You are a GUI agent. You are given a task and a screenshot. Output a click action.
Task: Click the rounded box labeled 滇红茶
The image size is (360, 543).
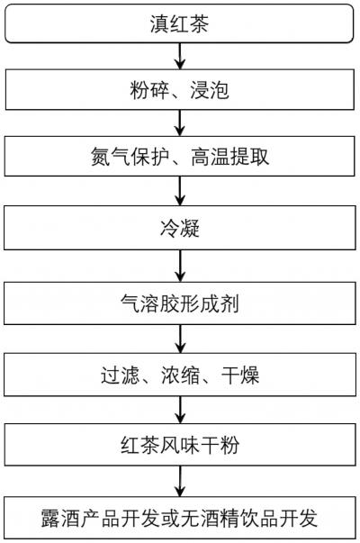tap(179, 23)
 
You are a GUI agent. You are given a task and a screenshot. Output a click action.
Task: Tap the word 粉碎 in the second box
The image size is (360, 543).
tap(149, 90)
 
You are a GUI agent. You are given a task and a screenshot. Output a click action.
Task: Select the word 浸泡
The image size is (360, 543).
tap(210, 90)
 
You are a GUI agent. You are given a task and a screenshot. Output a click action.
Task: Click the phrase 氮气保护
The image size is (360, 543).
tap(130, 157)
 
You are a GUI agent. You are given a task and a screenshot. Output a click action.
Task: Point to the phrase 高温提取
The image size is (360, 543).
tap(229, 157)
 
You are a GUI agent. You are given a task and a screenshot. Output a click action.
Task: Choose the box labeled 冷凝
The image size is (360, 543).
tap(180, 228)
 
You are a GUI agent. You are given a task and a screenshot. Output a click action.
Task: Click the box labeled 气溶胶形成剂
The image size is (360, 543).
tap(180, 303)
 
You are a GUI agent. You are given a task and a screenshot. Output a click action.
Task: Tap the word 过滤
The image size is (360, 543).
tap(120, 375)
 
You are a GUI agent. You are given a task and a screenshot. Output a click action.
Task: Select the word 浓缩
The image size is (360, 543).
tap(180, 375)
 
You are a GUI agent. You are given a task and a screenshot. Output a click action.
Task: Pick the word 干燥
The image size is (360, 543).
tap(240, 375)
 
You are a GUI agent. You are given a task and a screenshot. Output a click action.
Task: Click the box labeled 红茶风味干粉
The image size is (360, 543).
tap(180, 445)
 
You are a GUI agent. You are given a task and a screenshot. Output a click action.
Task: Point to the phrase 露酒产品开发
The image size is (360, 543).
tap(100, 519)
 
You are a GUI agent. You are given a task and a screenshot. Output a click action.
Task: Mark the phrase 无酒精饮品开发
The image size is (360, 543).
tap(249, 519)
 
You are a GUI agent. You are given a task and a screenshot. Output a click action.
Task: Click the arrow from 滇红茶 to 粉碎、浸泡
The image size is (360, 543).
tap(180, 56)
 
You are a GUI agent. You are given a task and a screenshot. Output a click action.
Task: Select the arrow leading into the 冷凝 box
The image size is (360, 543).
tap(180, 191)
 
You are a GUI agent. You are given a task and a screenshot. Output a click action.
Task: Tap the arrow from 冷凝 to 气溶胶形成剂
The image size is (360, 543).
tap(180, 266)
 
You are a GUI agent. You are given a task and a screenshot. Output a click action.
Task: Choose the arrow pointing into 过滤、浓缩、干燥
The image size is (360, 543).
tap(180, 339)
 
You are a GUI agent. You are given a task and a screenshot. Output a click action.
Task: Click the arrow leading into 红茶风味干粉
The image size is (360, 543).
tap(180, 410)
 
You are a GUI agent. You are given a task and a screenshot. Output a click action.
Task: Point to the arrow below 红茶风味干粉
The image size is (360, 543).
tap(180, 482)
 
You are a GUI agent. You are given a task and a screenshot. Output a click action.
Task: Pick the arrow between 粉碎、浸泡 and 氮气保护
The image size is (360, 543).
tap(180, 123)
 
